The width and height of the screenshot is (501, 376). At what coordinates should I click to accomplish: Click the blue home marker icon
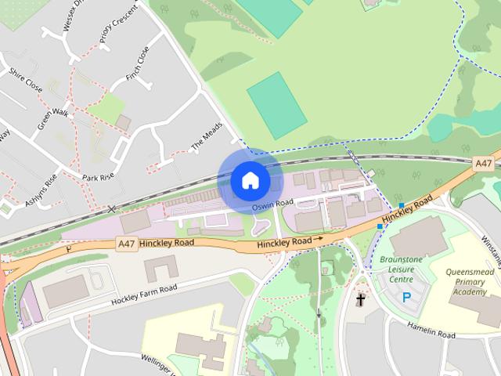coord(250,180)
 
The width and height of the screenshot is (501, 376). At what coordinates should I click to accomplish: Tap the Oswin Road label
coord(273,204)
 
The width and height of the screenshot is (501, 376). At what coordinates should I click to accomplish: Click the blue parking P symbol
coord(406,298)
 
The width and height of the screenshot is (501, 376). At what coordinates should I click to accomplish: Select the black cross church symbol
coord(361,299)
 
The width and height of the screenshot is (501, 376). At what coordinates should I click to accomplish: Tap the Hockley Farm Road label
coord(144,294)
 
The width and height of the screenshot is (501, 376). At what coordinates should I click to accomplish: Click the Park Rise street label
coord(99,178)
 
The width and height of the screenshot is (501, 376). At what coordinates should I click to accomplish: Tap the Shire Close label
coord(26,79)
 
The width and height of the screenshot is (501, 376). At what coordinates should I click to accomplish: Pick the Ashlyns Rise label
coord(41,190)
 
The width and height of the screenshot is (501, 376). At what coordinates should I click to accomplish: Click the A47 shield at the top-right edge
coord(484,164)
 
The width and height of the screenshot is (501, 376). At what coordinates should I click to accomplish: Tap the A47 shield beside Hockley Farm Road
coord(127,244)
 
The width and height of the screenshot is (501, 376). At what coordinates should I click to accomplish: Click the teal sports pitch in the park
coord(277,105)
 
